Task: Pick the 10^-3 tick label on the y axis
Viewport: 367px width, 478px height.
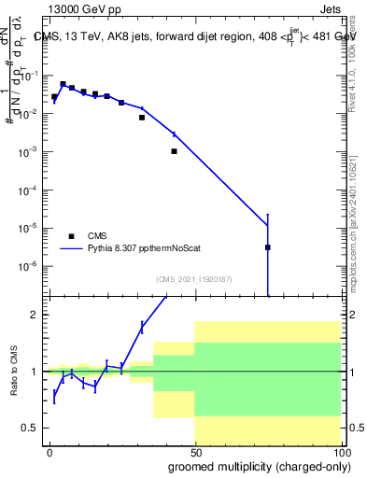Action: coord(33,151)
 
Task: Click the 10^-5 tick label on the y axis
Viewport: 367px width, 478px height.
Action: coord(33,228)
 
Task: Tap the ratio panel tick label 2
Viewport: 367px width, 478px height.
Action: coord(37,315)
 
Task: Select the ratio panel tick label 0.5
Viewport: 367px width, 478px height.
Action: coord(34,428)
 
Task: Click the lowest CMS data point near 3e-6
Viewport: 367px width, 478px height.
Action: coord(268,247)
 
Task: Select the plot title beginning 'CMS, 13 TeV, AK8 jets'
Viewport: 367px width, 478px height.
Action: coord(195,36)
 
